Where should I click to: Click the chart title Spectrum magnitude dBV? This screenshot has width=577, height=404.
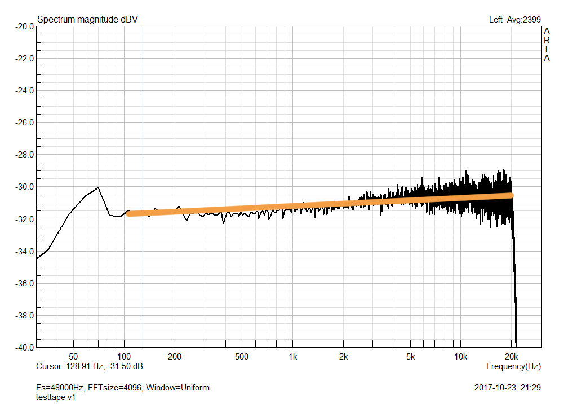coord(87,20)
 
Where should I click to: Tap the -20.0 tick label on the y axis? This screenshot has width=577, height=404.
coord(24,26)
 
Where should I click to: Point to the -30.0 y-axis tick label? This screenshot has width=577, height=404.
coord(24,187)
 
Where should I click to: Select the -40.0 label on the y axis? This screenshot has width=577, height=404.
coord(24,347)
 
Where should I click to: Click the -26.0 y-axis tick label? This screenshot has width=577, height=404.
coord(24,123)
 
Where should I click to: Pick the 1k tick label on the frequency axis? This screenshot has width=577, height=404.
coord(292,357)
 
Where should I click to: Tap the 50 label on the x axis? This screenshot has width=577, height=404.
coord(73,357)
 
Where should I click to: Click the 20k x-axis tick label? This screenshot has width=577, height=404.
coord(511,357)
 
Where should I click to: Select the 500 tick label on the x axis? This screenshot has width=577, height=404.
coord(242,357)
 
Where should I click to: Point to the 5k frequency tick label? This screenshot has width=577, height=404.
coord(410,357)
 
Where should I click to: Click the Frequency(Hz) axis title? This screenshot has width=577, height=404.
coord(513,366)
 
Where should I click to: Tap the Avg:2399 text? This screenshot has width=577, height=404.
coord(523,20)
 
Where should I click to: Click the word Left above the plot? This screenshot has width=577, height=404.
coord(496,20)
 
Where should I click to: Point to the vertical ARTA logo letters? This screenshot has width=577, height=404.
coord(547,45)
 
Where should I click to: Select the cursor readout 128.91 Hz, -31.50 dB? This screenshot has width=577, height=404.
coord(104,366)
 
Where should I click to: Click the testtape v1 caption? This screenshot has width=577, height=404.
coord(56,397)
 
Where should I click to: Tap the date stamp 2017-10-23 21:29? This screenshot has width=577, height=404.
coord(508,388)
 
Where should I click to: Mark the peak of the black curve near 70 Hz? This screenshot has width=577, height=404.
coord(98,187)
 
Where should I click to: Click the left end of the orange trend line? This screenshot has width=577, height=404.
coord(128,214)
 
